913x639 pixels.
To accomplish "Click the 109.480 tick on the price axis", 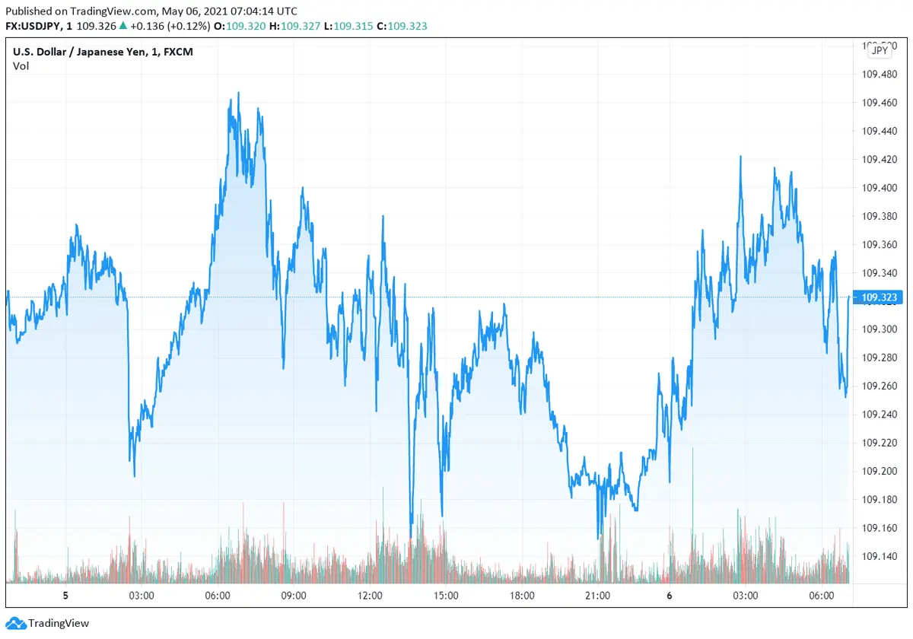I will coord(878,75).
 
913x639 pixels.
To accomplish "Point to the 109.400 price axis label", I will coord(878,188).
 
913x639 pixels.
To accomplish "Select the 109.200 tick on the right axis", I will coord(878,472).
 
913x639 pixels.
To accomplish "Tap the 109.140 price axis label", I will coord(878,557).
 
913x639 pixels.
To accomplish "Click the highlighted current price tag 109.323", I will coord(879,297).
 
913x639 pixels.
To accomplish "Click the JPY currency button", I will coord(880,50).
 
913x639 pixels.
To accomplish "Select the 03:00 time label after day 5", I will coord(142,596).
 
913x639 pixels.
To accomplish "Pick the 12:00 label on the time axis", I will coord(370,596).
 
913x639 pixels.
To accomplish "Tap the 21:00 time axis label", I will coord(598,596).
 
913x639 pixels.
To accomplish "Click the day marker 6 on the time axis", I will coord(670,596).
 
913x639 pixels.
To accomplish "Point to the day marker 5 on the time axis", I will coord(65,596).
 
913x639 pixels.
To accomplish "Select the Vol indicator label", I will coord(21,66).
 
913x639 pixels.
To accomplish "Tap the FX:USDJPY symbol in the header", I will coord(35,26).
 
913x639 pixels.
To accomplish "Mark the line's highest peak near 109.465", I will coord(238,94).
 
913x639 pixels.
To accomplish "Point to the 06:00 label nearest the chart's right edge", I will coord(822,596).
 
